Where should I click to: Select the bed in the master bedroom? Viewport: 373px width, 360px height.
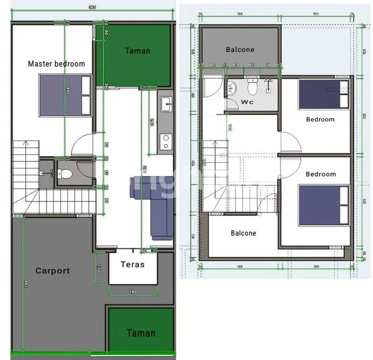[65, 95]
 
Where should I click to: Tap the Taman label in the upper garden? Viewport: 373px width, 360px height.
[137, 50]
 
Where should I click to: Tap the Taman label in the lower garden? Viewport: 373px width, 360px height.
[141, 333]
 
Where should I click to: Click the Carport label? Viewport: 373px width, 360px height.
[52, 270]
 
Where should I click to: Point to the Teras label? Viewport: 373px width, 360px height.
[132, 264]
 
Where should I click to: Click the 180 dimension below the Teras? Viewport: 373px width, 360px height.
[132, 292]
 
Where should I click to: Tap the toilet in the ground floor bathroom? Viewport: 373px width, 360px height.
[65, 172]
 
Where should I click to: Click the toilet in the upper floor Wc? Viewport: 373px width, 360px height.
[252, 86]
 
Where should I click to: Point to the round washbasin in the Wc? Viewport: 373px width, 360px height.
[231, 88]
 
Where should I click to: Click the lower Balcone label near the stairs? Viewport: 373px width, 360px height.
[243, 233]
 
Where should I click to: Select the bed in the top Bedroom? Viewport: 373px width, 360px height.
[323, 94]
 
